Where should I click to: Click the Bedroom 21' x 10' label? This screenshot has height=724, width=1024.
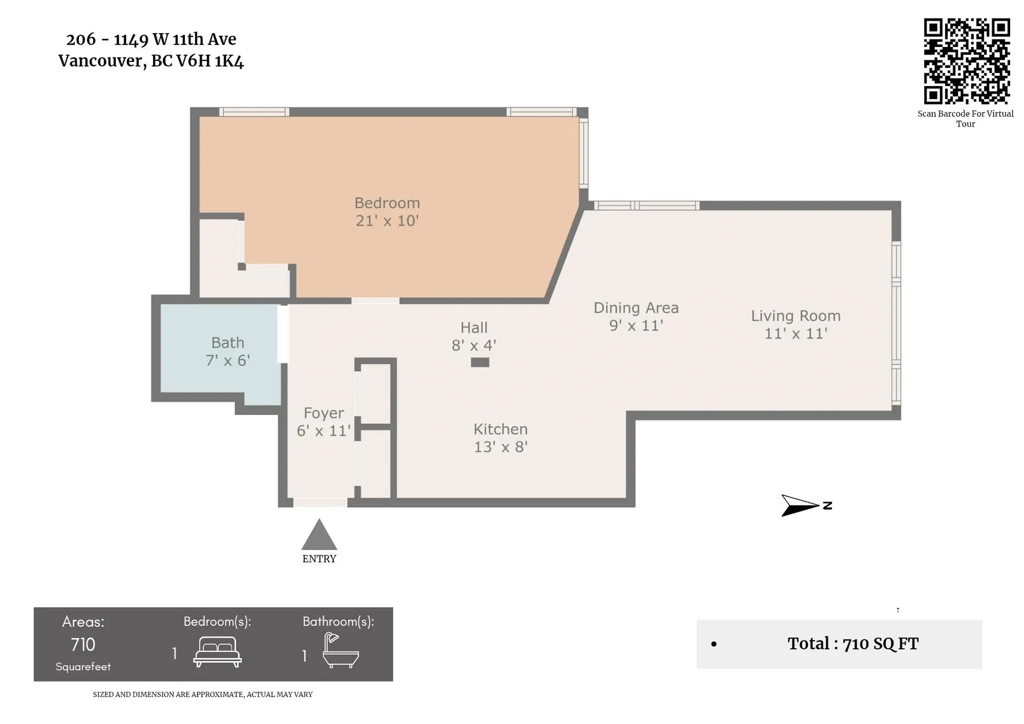(x=387, y=212)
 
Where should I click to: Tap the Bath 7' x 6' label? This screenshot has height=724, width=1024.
(x=228, y=352)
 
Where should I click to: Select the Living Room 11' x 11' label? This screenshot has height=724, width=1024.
(x=796, y=324)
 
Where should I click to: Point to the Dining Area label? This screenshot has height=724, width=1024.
(x=636, y=308)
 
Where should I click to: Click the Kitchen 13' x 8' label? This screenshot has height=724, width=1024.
(x=501, y=438)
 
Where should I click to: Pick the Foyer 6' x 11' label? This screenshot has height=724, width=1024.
(x=324, y=421)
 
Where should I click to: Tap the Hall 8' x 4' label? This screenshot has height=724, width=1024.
(x=474, y=336)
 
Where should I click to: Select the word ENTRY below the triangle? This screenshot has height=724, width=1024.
(x=319, y=559)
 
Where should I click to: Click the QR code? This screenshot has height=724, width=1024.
(x=966, y=61)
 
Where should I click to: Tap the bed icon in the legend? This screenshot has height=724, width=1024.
(x=217, y=652)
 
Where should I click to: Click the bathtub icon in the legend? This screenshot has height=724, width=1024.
(x=340, y=651)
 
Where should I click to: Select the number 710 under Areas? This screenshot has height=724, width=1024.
(x=83, y=645)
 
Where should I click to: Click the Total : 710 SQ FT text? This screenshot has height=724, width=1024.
(x=853, y=643)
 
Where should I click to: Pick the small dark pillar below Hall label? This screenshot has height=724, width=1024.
(x=479, y=362)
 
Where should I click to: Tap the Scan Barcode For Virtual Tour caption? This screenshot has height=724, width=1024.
(x=965, y=118)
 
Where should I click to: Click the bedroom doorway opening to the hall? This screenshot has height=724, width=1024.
(x=375, y=301)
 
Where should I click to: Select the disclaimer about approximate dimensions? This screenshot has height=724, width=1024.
(x=203, y=694)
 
